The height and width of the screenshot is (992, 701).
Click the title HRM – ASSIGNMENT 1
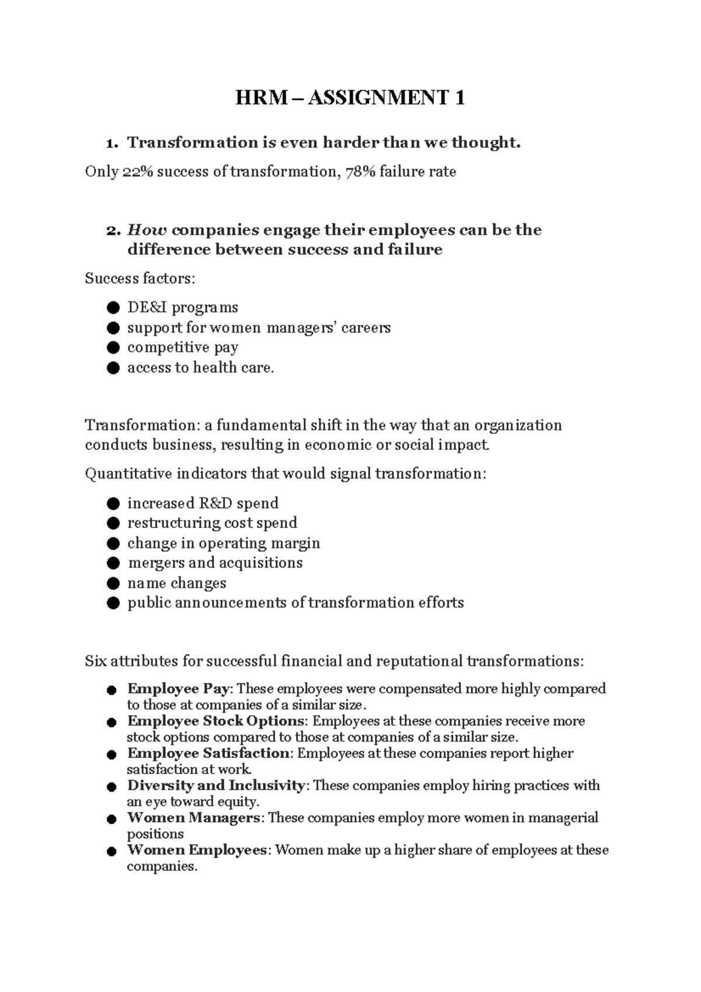(x=350, y=98)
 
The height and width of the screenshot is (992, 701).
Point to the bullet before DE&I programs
(x=113, y=307)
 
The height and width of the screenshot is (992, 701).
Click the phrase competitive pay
(x=183, y=348)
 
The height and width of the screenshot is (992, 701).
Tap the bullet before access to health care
(x=113, y=368)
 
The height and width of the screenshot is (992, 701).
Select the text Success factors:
(x=140, y=278)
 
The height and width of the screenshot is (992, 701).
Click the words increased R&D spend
(x=203, y=503)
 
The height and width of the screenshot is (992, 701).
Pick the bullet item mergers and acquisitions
(x=215, y=563)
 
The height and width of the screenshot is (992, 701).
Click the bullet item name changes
(x=176, y=583)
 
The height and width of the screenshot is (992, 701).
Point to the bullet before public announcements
(x=113, y=603)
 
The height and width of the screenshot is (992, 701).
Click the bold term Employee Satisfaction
(x=208, y=753)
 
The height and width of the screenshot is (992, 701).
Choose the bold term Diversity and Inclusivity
(x=216, y=785)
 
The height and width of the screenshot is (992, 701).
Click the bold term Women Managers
(x=193, y=817)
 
